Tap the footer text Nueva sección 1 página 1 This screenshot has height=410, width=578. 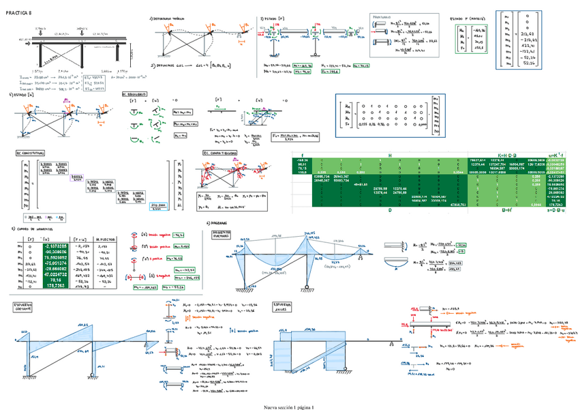pyautogui.click(x=289, y=407)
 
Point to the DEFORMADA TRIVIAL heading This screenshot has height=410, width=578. pyautogui.click(x=170, y=18)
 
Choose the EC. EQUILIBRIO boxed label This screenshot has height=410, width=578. pyautogui.click(x=134, y=93)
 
